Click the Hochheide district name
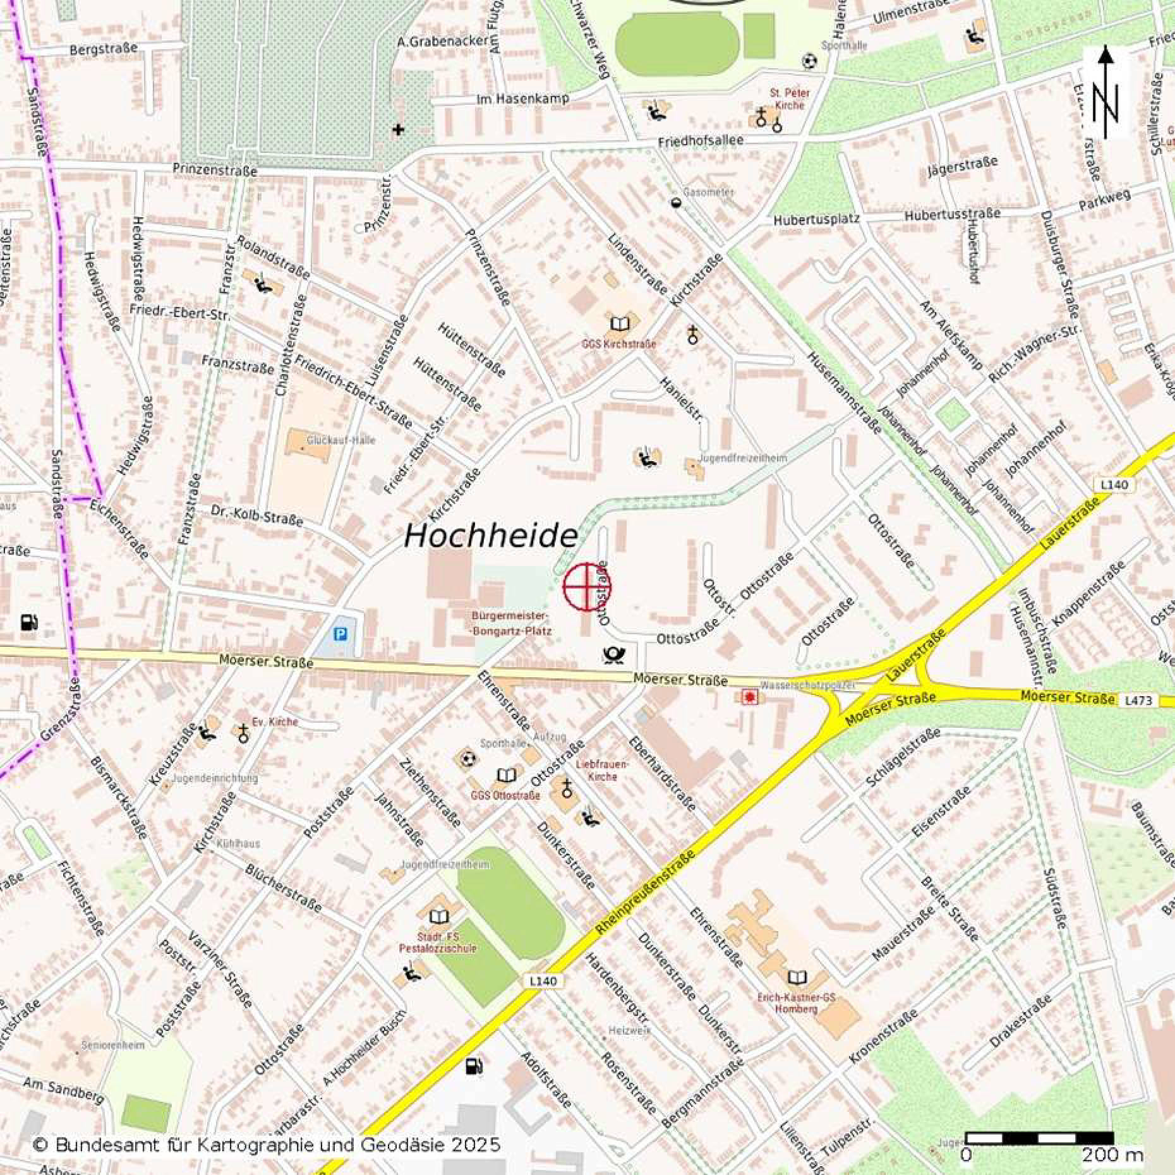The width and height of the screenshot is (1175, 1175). coord(490,536)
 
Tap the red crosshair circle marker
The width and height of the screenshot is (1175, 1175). coord(587,587)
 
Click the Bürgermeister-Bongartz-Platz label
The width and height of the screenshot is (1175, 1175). coord(512,623)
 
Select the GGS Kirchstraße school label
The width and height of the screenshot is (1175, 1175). coord(619,344)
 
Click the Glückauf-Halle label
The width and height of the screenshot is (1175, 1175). coord(340,440)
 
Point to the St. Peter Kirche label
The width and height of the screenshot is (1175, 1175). coord(789,99)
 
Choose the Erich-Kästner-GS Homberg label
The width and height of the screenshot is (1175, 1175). coord(796,1003)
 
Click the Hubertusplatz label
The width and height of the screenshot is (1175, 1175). coord(816,219)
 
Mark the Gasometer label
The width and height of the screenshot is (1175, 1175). coord(708,192)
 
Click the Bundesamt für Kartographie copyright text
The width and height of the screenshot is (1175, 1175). coord(267,1144)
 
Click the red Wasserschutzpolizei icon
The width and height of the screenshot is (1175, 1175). coord(750,697)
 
